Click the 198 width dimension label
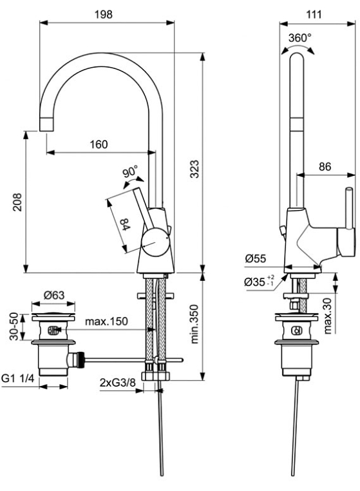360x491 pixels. (x=104, y=14)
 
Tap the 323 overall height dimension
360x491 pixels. (x=194, y=169)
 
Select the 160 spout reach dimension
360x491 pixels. (x=99, y=144)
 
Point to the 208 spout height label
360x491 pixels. (x=17, y=202)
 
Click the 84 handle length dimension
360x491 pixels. (x=125, y=224)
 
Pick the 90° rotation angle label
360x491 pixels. (x=129, y=172)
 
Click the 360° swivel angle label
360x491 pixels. (x=300, y=38)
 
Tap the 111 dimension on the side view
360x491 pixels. (x=314, y=14)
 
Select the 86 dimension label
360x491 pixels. (x=325, y=167)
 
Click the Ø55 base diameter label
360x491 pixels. (x=256, y=258)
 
